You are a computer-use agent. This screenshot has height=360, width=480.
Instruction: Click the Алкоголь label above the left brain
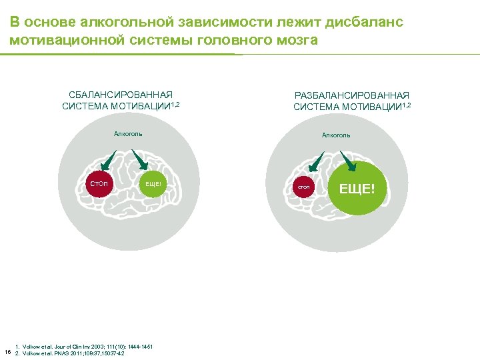[x=128, y=134]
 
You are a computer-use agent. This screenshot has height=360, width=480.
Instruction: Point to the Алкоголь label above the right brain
[x=336, y=135]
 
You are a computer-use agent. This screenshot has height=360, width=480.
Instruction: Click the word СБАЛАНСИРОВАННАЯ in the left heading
[x=121, y=95]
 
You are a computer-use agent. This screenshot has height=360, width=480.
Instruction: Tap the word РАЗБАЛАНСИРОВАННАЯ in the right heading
[x=351, y=96]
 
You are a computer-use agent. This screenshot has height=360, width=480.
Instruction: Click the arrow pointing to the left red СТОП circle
[x=108, y=161]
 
